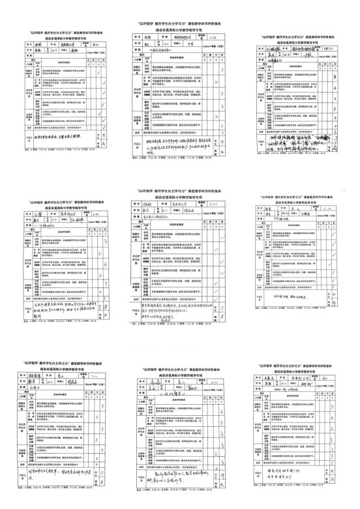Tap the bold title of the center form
click(181, 190)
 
